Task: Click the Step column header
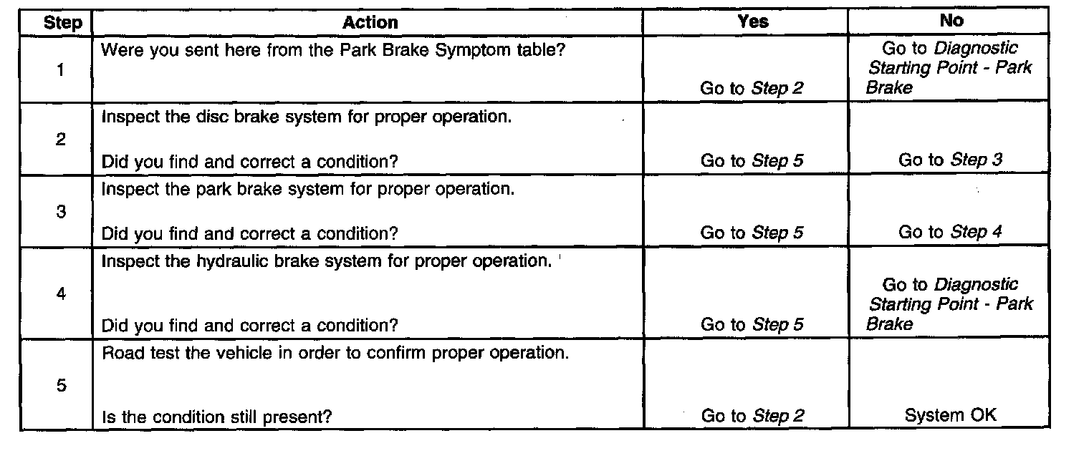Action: (x=63, y=23)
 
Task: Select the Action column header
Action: (x=370, y=22)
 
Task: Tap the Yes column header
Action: (x=752, y=21)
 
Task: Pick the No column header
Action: (x=951, y=21)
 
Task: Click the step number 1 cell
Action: (x=60, y=70)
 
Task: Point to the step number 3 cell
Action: (x=60, y=213)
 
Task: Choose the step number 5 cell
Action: (x=60, y=386)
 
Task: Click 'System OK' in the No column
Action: (x=950, y=415)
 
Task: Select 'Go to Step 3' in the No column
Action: (x=950, y=160)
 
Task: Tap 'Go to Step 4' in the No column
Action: (x=950, y=232)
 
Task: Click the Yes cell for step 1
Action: (x=752, y=89)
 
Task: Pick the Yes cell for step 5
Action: (x=752, y=416)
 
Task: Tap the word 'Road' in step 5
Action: (x=120, y=354)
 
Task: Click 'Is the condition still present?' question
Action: (x=216, y=417)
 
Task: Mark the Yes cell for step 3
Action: (x=752, y=233)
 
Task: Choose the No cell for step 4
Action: (x=950, y=304)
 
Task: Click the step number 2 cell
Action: (x=60, y=140)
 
